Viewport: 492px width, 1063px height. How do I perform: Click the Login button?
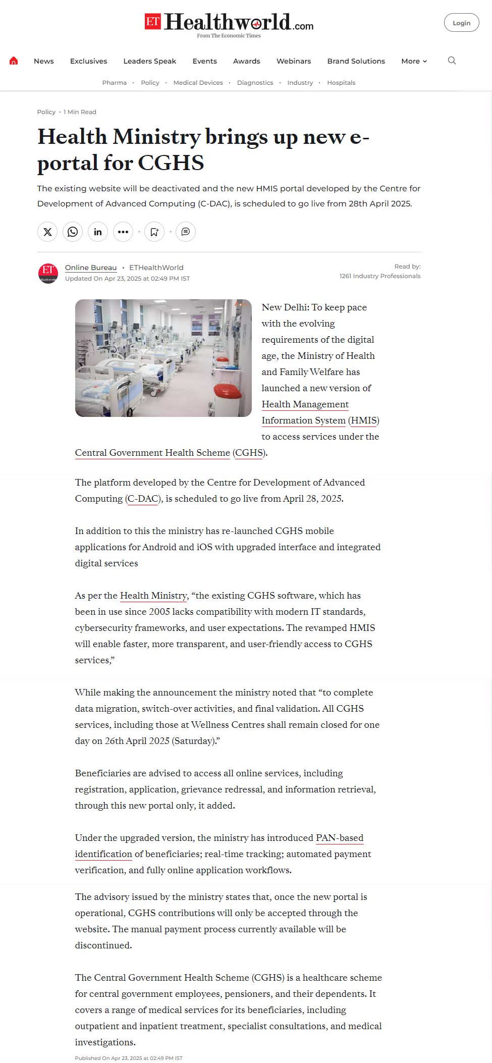[x=461, y=23]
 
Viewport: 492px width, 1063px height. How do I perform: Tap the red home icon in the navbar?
[x=14, y=61]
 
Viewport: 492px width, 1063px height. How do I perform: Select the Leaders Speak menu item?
[x=149, y=61]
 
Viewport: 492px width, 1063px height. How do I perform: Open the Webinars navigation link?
[x=293, y=61]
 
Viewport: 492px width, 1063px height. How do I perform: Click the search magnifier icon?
[x=452, y=61]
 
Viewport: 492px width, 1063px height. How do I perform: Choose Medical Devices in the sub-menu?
[x=198, y=83]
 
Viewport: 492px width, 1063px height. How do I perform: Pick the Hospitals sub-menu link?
[x=341, y=83]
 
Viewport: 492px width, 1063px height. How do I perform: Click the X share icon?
[x=47, y=232]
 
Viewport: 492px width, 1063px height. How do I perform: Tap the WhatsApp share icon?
[x=73, y=232]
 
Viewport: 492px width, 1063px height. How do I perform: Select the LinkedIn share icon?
[x=98, y=232]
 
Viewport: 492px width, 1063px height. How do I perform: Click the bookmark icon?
[x=154, y=232]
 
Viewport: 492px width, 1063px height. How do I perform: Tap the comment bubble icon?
[x=186, y=232]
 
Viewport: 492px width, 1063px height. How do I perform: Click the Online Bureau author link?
[x=91, y=268]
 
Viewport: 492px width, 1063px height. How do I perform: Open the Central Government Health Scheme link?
[x=152, y=453]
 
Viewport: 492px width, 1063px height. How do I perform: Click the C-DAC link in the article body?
[x=143, y=499]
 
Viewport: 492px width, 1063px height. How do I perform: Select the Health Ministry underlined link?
[x=153, y=596]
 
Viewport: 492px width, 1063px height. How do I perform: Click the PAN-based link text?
[x=339, y=838]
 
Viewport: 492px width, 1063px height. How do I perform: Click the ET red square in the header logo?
[x=153, y=22]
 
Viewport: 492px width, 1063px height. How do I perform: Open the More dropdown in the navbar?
[x=414, y=61]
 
